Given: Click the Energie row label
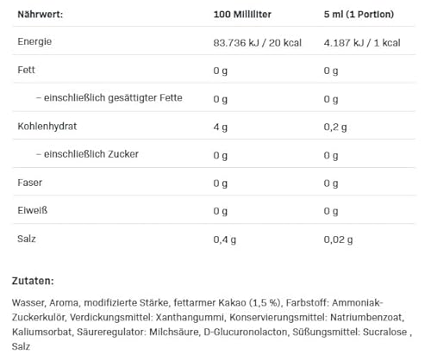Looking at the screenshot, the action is pyautogui.click(x=35, y=42).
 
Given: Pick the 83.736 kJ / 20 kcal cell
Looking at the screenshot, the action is pyautogui.click(x=256, y=42).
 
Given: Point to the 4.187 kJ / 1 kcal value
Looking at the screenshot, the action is pyautogui.click(x=362, y=42).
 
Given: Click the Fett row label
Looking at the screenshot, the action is pyautogui.click(x=26, y=71).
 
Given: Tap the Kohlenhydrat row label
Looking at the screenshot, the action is pyautogui.click(x=47, y=127).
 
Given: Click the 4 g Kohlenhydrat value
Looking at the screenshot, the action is pyautogui.click(x=220, y=127).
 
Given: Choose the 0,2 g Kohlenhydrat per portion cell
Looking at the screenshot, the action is pyautogui.click(x=335, y=127).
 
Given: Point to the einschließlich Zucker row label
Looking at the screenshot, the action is pyautogui.click(x=87, y=154).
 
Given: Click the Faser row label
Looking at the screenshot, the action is pyautogui.click(x=30, y=183).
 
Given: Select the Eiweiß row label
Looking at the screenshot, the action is pyautogui.click(x=32, y=210).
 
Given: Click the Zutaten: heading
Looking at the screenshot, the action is pyautogui.click(x=33, y=281).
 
